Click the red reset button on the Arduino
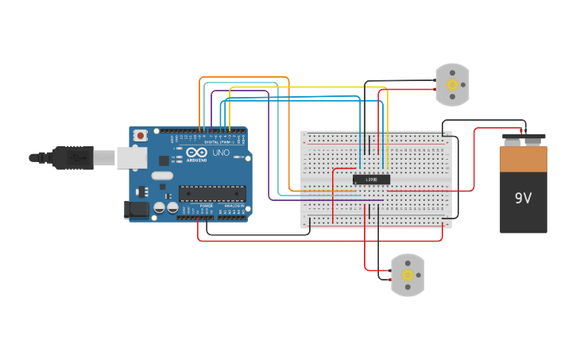(141, 136)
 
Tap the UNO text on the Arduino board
(220, 152)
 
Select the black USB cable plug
(73, 158)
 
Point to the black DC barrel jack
(136, 210)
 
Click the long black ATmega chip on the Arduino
(211, 192)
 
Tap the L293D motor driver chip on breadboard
(371, 180)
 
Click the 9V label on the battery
(523, 198)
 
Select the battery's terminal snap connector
(524, 140)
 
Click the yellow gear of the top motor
(453, 84)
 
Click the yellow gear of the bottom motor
(408, 275)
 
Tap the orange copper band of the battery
(524, 160)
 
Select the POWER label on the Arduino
(206, 206)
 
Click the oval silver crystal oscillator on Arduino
(161, 176)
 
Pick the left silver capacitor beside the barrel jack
(160, 207)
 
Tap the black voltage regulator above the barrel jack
(143, 191)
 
